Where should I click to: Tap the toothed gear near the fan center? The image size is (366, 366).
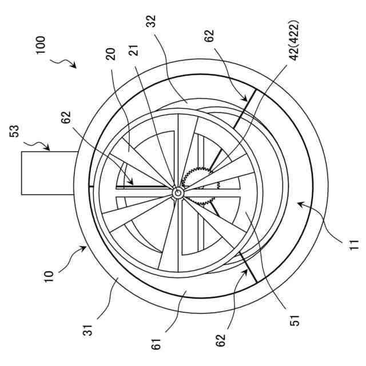(x=200, y=189)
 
